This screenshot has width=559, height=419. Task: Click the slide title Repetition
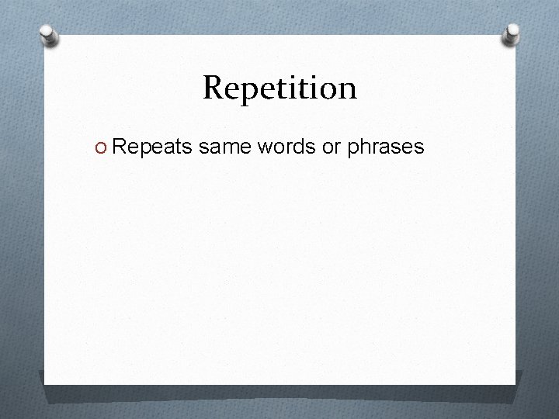(279, 88)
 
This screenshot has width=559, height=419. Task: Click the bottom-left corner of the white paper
(45, 383)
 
